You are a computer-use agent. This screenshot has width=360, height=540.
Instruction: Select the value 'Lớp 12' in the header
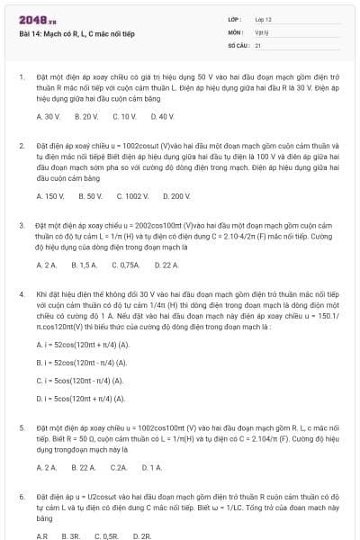[x=263, y=19]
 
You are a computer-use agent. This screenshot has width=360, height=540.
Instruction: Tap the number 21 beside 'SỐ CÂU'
[x=258, y=43]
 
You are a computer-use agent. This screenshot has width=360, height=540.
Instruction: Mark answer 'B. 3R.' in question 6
[x=71, y=536]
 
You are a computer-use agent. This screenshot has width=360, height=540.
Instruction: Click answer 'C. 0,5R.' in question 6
[x=104, y=536]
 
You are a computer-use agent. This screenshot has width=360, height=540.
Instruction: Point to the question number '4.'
[x=21, y=294]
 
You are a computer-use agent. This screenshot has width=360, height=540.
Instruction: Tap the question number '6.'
[x=21, y=496]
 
